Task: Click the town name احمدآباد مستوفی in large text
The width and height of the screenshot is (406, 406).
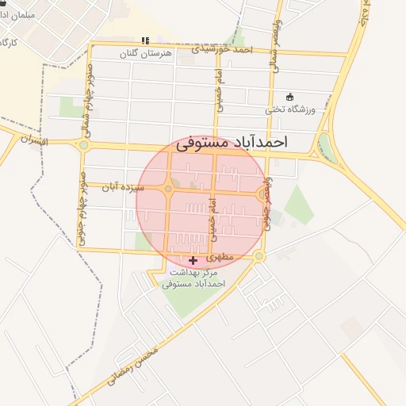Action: pos(231,143)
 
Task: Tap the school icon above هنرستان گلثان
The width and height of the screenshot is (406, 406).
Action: pos(144,40)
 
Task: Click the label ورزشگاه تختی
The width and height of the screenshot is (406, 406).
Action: pos(290,109)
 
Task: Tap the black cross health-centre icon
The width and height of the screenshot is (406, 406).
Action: pos(193,260)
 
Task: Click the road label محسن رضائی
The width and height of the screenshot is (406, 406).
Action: pos(131,365)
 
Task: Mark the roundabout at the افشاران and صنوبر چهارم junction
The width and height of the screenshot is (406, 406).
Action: pos(84,144)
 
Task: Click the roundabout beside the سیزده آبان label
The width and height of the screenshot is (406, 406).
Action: pos(167,189)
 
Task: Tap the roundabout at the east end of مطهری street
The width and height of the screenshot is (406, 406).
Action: pos(259,256)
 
